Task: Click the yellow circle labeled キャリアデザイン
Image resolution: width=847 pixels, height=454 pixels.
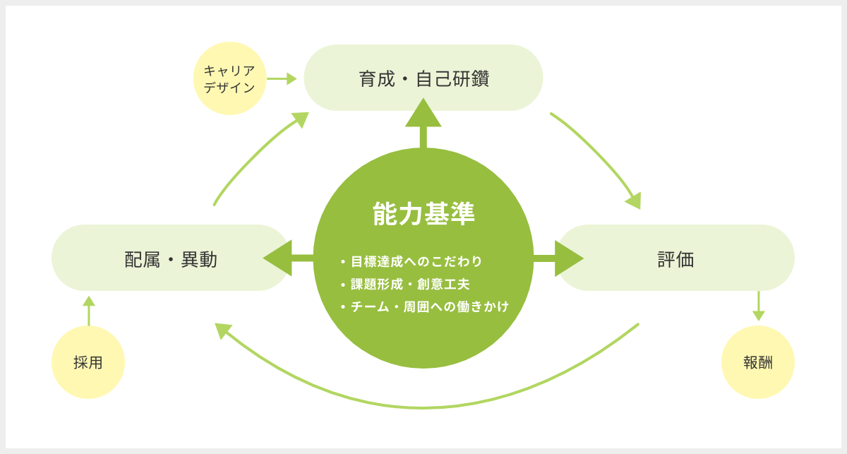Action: coord(229,78)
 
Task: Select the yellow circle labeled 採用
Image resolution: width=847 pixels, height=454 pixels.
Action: coord(88,362)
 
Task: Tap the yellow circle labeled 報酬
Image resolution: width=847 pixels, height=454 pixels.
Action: coord(758,362)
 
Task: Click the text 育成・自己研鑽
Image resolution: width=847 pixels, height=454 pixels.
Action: coord(424,78)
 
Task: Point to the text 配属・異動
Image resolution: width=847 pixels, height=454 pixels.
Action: coord(171,260)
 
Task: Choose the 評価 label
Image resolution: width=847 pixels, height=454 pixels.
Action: coord(675,260)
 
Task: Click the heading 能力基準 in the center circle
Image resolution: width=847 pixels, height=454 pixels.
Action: coord(423,214)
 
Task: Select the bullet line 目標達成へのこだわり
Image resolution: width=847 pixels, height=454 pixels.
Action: coord(412,261)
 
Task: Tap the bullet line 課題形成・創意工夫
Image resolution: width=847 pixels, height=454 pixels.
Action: coord(405,284)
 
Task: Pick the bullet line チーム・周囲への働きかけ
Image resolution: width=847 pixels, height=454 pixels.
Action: coord(425,306)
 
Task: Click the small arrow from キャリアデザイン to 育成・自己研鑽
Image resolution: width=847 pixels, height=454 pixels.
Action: coord(282,78)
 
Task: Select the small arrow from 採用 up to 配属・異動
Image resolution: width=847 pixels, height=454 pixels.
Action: coord(89,311)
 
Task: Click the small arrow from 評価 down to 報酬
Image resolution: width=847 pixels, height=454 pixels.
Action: coord(759,306)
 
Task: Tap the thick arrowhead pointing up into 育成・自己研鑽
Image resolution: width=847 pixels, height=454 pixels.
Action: coord(423,114)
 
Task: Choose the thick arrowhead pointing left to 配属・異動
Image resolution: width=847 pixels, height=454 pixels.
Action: coord(278,258)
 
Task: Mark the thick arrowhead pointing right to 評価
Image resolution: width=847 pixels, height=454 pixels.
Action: coord(569,258)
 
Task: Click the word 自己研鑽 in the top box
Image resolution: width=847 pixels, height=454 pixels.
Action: coord(452,78)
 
